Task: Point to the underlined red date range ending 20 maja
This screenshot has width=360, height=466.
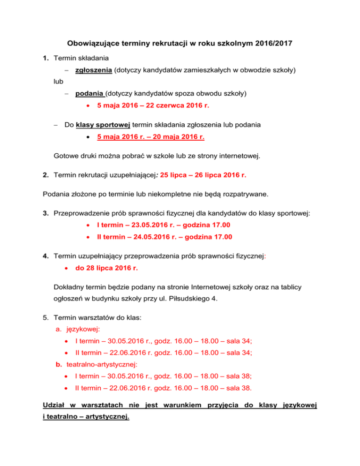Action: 150,137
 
